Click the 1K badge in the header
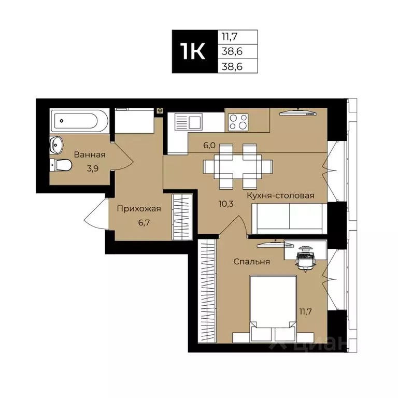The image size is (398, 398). click(192, 51)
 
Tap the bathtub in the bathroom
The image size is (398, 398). click(79, 120)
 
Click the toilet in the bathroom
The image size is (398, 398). click(61, 165)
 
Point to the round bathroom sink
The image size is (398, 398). click(56, 145)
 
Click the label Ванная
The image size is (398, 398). click(90, 154)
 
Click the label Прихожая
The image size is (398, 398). click(138, 209)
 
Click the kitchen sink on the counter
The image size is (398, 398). click(188, 123)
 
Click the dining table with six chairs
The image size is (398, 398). click(238, 166)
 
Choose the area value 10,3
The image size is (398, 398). click(227, 203)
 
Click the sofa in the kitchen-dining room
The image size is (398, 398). click(288, 218)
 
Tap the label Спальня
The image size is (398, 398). click(251, 262)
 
